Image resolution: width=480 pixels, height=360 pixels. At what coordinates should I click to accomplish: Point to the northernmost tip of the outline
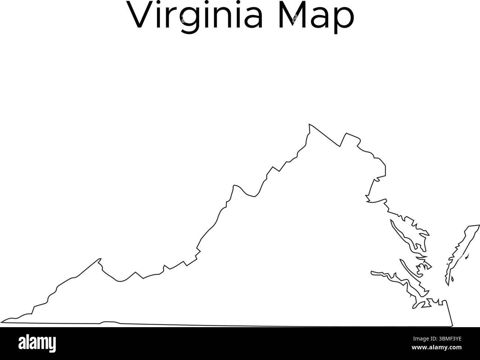tap(309, 124)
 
